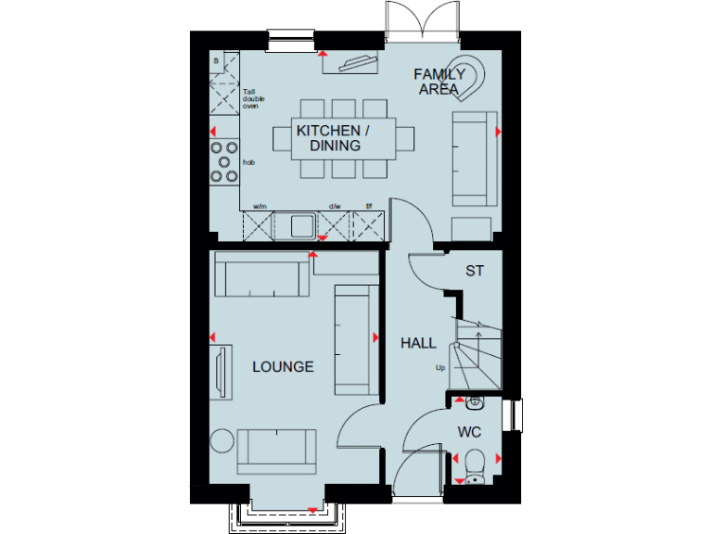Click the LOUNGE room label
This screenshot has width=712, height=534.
(x=283, y=367)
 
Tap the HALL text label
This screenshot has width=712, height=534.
(x=418, y=343)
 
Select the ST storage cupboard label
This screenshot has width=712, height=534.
(x=475, y=271)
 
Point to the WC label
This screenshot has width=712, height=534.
(x=468, y=432)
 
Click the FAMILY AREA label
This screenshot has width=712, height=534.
(x=439, y=82)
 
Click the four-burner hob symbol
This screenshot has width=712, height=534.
(x=223, y=161)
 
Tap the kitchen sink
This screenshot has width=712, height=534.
(x=298, y=224)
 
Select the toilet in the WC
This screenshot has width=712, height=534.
(x=475, y=461)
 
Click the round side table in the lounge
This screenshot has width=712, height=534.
(x=222, y=441)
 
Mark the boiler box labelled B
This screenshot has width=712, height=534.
(x=217, y=61)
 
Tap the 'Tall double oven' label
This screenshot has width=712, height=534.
(x=251, y=99)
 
